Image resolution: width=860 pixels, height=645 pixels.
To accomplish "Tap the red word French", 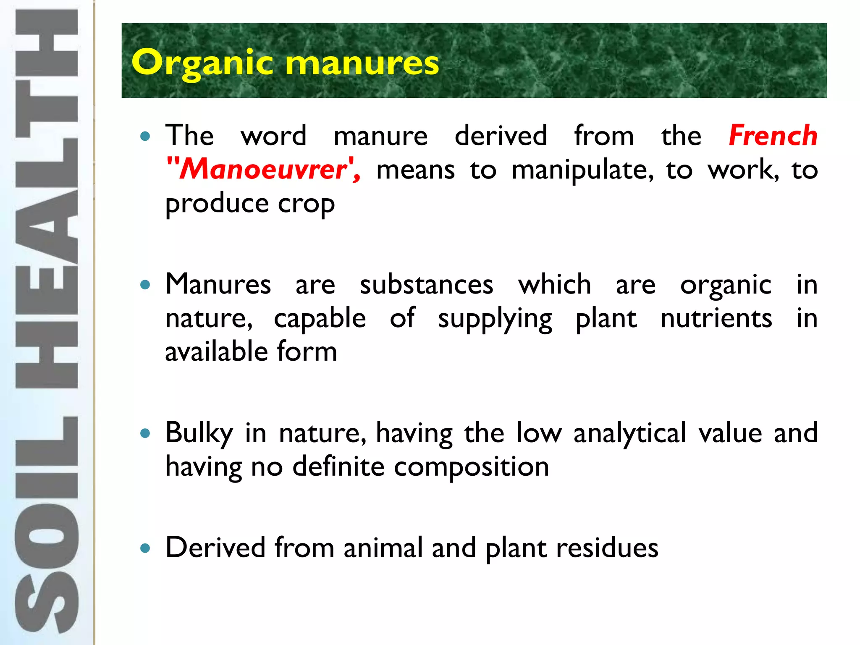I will click(773, 136).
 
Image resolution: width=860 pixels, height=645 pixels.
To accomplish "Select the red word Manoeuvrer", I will click(263, 169).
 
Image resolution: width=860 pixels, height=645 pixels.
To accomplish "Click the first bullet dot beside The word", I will click(145, 136).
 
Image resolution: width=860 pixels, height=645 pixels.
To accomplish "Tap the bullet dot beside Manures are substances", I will click(145, 285).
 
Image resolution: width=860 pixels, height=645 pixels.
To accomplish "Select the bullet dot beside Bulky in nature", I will click(145, 433).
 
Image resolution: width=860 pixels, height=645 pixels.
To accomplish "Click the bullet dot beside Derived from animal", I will click(145, 548).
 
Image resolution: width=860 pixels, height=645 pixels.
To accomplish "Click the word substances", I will click(426, 285).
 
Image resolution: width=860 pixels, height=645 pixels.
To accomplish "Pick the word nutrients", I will click(716, 318).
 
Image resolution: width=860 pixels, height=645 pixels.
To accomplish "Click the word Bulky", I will click(199, 433).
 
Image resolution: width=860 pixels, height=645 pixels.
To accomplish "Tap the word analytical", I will click(629, 433).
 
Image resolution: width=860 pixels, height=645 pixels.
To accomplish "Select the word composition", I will click(471, 467).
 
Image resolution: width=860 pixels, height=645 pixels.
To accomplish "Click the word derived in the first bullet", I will click(501, 136).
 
